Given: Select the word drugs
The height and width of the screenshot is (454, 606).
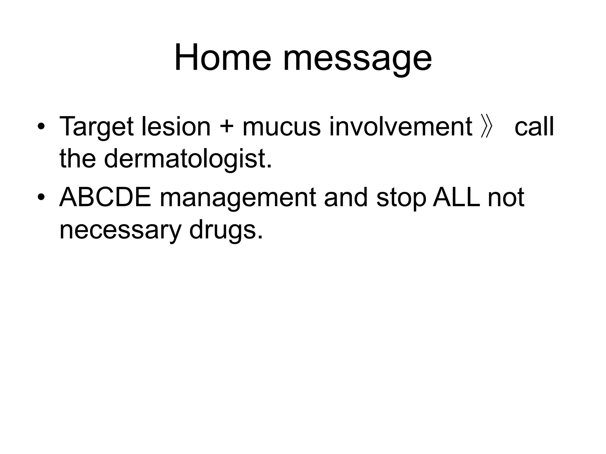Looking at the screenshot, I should pyautogui.click(x=225, y=231).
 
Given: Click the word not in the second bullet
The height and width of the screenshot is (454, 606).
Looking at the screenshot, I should pyautogui.click(x=506, y=198).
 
